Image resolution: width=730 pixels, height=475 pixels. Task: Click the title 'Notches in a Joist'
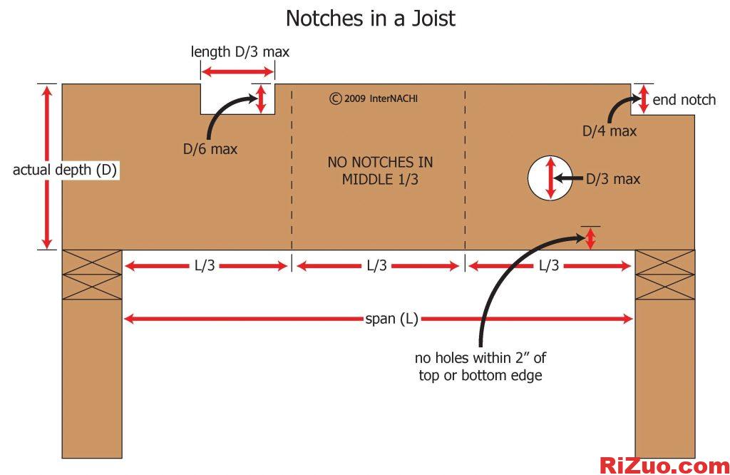point(370,18)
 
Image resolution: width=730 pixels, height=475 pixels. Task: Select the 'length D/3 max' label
point(240,52)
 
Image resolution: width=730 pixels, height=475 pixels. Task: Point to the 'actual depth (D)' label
point(65,170)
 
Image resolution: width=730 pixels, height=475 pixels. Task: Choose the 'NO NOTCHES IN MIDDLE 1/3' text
point(380,170)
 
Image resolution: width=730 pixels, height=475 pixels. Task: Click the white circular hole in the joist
point(550,178)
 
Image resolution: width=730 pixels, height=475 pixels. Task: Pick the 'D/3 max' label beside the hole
point(613,179)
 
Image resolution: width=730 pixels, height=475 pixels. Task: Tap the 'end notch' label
point(684,100)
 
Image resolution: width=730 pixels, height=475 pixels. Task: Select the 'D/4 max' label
point(610,131)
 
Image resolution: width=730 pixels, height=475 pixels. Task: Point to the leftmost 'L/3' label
point(205,266)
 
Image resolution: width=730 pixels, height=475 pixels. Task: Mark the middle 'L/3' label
point(377,266)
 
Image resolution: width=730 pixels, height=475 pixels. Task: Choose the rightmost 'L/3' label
point(548,266)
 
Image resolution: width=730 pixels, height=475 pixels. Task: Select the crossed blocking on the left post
point(92,275)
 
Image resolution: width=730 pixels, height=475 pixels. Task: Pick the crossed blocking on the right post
point(664,275)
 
